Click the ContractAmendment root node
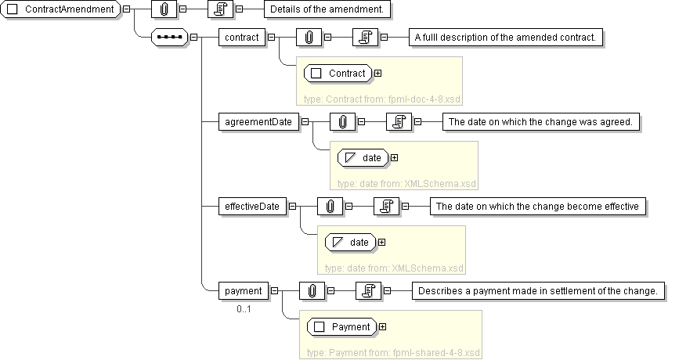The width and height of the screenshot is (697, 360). pyautogui.click(x=63, y=9)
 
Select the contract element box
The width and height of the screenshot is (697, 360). pyautogui.click(x=241, y=37)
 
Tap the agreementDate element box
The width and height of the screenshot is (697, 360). pyautogui.click(x=258, y=122)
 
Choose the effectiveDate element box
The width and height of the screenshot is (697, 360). pyautogui.click(x=252, y=207)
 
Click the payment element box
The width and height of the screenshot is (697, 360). pyautogui.click(x=243, y=291)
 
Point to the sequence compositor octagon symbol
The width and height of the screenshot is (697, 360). pyautogui.click(x=170, y=37)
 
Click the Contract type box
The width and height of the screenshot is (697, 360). pyautogui.click(x=338, y=74)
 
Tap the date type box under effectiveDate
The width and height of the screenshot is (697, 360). pyautogui.click(x=350, y=243)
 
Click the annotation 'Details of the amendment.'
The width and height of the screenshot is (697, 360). pyautogui.click(x=327, y=9)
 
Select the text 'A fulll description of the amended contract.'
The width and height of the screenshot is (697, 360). pyautogui.click(x=507, y=37)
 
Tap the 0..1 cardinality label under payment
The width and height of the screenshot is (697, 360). pyautogui.click(x=244, y=309)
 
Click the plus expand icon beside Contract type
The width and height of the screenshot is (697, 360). pyautogui.click(x=378, y=74)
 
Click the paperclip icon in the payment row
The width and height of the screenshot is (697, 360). pyautogui.click(x=312, y=291)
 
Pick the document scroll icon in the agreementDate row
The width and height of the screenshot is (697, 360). pyautogui.click(x=399, y=122)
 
